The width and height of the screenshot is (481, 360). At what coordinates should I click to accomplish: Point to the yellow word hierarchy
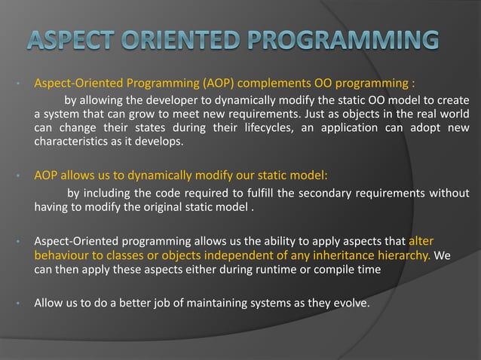click(401, 256)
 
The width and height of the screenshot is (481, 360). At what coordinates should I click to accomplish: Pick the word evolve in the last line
click(349, 304)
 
